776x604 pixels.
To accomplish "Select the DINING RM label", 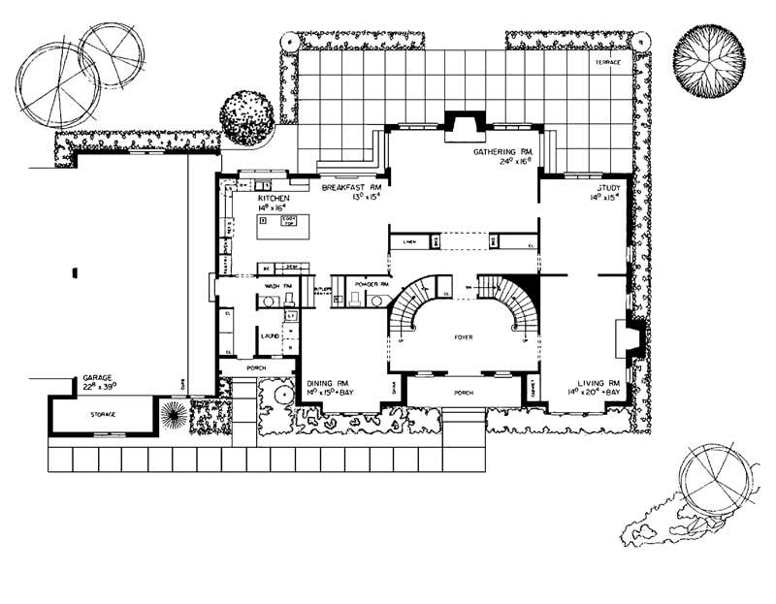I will coord(330,383).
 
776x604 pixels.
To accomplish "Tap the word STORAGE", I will coord(104,414).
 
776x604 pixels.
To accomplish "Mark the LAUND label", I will coord(270,335).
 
